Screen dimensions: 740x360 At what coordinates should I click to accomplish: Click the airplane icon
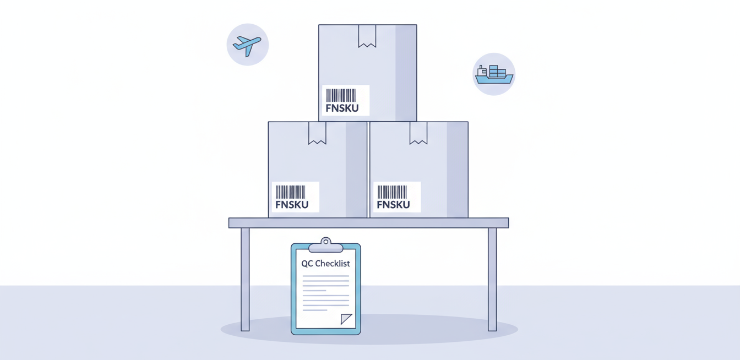(x=247, y=45)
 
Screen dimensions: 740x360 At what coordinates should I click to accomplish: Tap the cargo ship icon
(x=494, y=74)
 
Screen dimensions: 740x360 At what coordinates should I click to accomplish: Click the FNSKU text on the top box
(x=342, y=108)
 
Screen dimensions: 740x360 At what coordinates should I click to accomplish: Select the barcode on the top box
(x=341, y=95)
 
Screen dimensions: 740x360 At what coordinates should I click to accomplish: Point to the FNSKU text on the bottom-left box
(x=291, y=205)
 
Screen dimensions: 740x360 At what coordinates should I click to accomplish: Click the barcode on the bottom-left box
(x=290, y=192)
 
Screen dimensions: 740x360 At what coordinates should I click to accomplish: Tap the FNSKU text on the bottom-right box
(x=393, y=205)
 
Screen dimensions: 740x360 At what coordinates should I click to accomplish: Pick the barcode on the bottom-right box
(x=392, y=192)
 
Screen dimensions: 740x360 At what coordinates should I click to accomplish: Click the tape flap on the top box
(x=367, y=36)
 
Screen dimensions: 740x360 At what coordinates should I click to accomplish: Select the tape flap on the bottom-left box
(x=317, y=133)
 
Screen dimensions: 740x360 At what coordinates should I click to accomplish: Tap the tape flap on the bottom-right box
(x=418, y=133)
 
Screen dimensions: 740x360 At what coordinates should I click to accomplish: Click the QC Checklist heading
(x=325, y=264)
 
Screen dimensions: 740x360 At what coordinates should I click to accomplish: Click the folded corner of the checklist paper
(x=346, y=319)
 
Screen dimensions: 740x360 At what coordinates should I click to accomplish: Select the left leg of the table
(x=245, y=279)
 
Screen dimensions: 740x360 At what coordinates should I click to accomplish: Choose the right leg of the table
(x=492, y=279)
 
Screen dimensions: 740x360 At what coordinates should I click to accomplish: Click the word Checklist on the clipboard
(x=332, y=264)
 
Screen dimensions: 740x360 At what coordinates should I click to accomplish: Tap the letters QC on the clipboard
(x=307, y=264)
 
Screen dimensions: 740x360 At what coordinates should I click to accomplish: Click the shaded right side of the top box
(x=406, y=73)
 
